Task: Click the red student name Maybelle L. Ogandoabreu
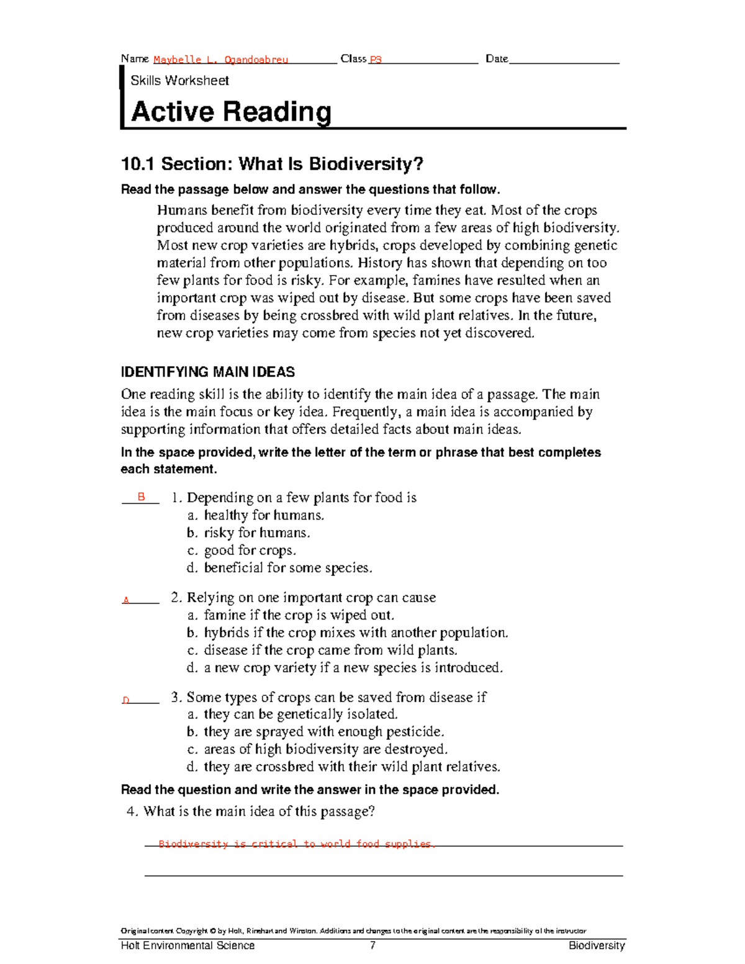(x=220, y=60)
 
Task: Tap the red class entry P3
(x=375, y=60)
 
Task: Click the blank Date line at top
(x=564, y=60)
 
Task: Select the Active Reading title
(x=231, y=112)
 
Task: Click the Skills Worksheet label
(x=179, y=81)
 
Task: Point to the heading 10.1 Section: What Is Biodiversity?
(x=272, y=164)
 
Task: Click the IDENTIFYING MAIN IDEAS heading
(x=207, y=372)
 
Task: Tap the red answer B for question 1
(x=141, y=497)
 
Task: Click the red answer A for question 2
(x=126, y=600)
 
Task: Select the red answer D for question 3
(x=125, y=700)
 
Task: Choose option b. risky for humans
(x=248, y=533)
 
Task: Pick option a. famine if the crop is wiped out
(x=291, y=615)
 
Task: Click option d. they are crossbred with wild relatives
(x=343, y=767)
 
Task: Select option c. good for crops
(x=242, y=550)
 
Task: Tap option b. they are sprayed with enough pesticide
(x=315, y=732)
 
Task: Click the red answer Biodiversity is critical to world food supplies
(x=296, y=844)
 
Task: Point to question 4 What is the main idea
(x=251, y=811)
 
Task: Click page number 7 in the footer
(x=372, y=945)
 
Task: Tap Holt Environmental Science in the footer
(x=187, y=945)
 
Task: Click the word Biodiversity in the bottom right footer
(x=597, y=945)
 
